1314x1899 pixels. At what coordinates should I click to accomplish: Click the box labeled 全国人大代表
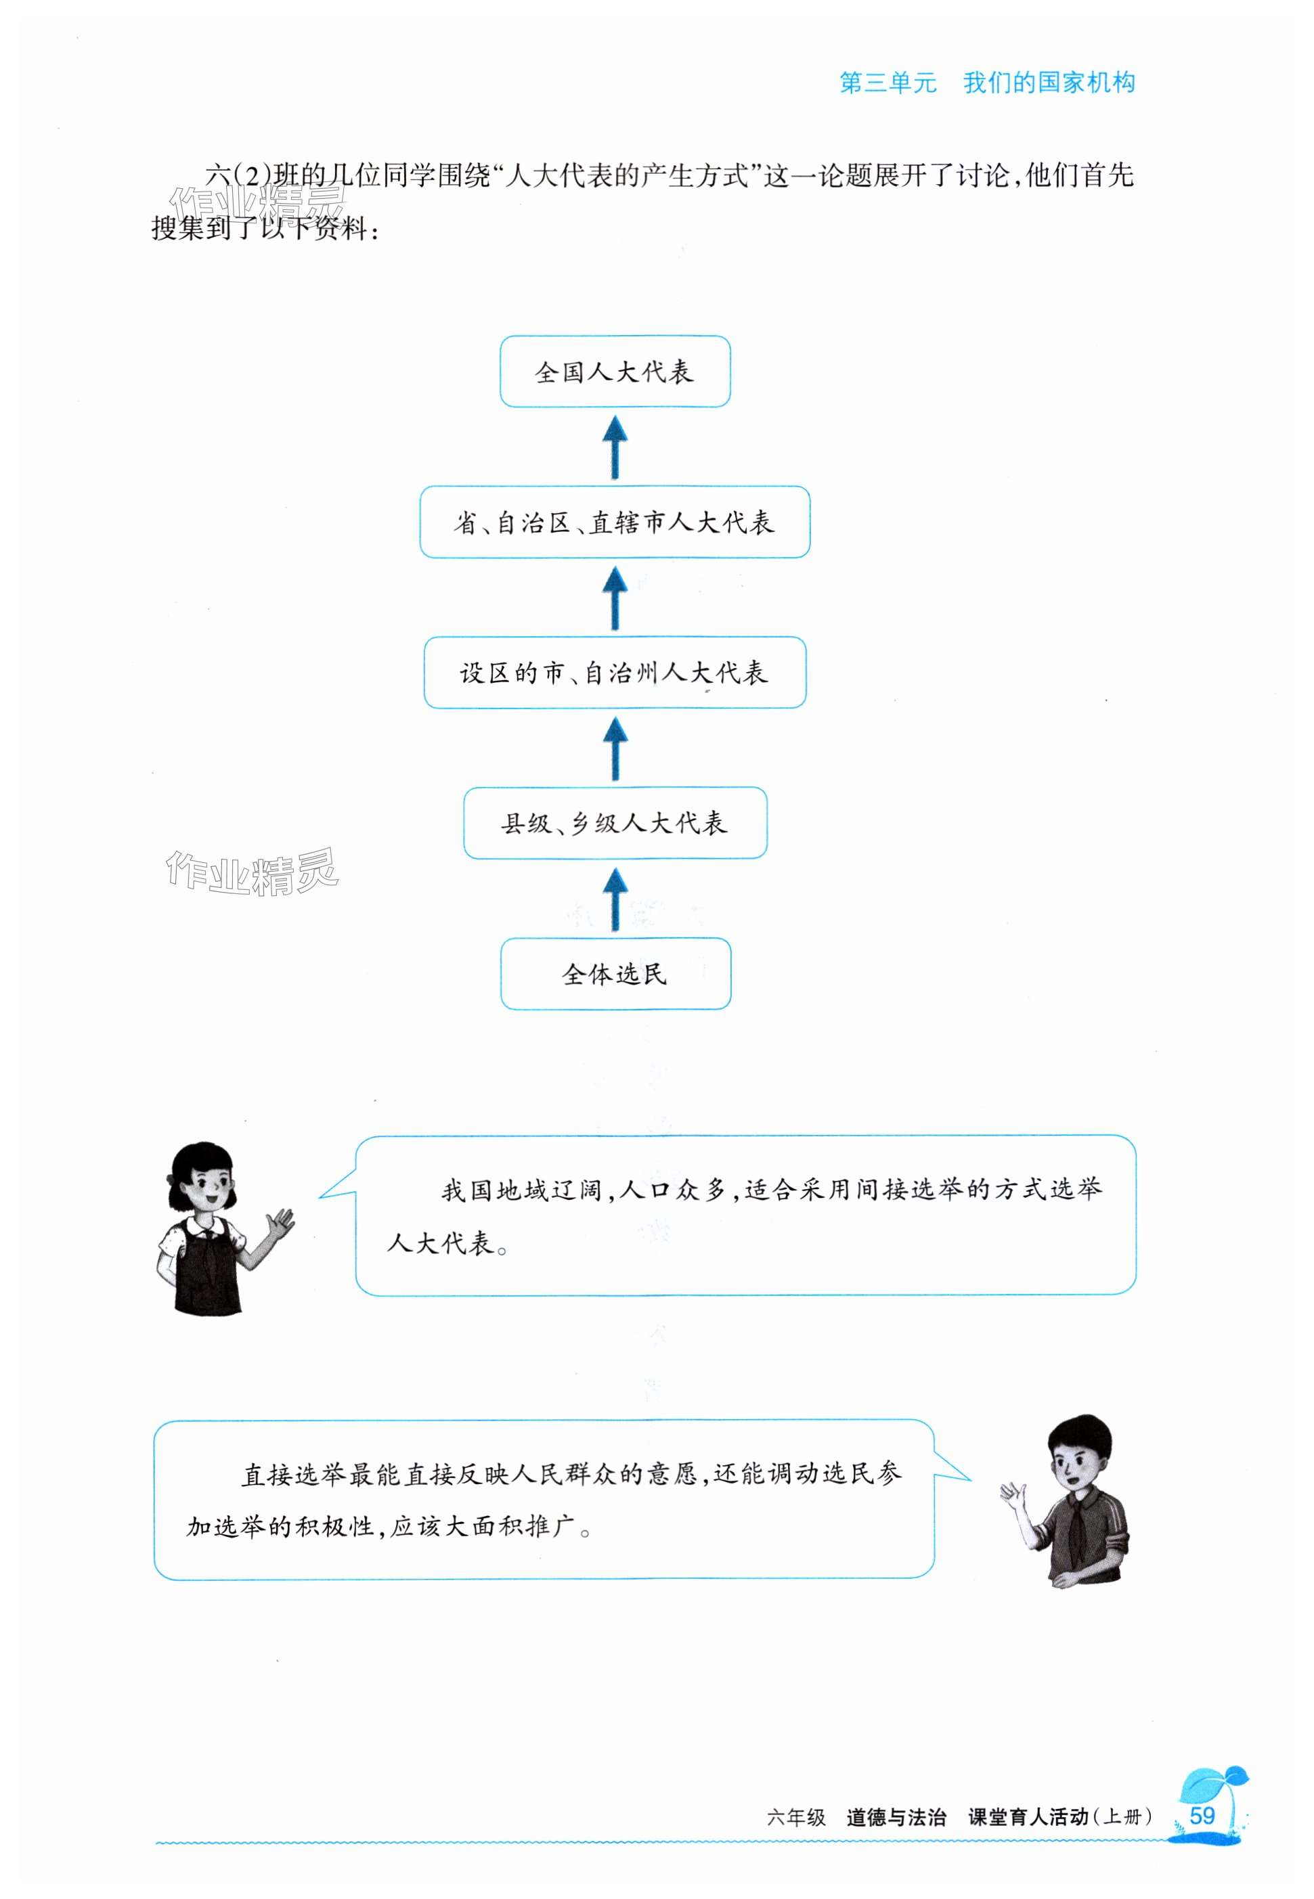[615, 372]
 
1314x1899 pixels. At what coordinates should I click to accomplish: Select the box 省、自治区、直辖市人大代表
[615, 522]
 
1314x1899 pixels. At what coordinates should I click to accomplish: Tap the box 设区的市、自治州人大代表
[615, 673]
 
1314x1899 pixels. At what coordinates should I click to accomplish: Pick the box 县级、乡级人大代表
[615, 822]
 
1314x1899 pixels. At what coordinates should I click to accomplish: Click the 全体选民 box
[615, 973]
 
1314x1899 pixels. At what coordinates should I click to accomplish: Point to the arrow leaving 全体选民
[615, 899]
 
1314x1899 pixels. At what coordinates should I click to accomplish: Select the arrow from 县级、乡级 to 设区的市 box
[615, 749]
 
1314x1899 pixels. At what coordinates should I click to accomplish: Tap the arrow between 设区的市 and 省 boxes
[615, 598]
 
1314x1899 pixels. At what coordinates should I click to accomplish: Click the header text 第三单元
[888, 83]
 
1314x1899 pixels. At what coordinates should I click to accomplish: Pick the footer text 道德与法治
[896, 1816]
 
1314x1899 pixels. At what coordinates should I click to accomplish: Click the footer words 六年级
[795, 1816]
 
